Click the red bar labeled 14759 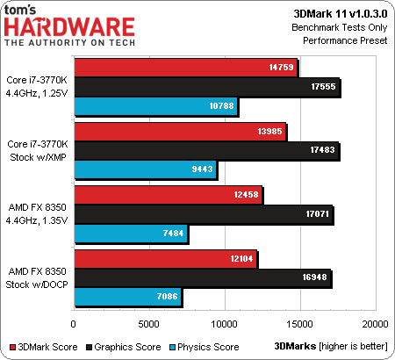click(186, 68)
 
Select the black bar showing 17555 click(207, 87)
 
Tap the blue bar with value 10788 click(156, 106)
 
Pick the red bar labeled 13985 click(180, 131)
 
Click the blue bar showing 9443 click(146, 169)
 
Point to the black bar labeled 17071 click(204, 214)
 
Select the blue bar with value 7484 click(131, 234)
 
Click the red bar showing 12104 click(166, 259)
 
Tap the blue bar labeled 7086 click(128, 297)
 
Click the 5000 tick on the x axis click(148, 324)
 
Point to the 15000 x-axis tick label click(299, 324)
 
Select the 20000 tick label click(375, 324)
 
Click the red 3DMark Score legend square click(12, 348)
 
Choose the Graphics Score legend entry click(123, 347)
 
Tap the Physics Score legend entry click(205, 347)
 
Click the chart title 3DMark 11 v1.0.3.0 click(341, 14)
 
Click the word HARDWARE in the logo click(69, 27)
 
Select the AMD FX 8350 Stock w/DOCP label click(37, 277)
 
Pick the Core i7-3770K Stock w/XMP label click(38, 150)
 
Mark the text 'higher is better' click(354, 347)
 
